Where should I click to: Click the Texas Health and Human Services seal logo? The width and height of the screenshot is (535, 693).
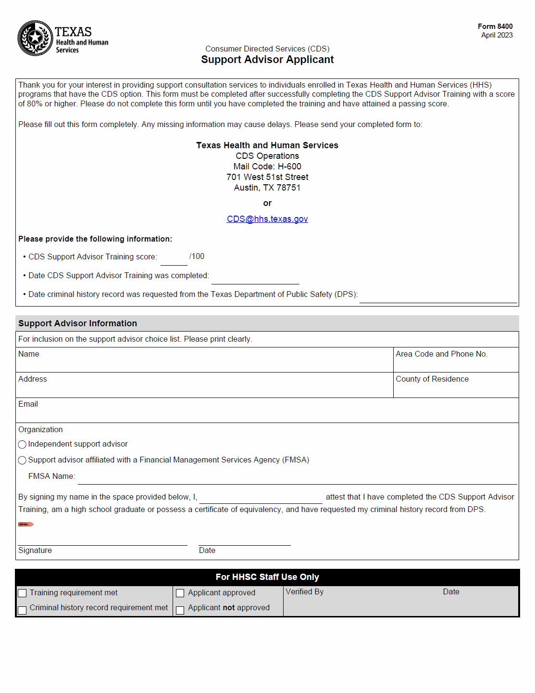point(35,38)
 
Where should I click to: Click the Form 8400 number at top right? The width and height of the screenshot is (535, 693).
point(495,26)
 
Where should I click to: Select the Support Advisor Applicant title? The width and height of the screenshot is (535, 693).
point(267,60)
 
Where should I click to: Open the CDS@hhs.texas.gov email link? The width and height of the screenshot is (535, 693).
point(267,219)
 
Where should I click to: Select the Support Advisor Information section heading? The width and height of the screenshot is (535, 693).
point(77,323)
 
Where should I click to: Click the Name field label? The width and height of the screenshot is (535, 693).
point(29,354)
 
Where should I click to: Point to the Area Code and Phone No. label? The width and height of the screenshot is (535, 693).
point(441,354)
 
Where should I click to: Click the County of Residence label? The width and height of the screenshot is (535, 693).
point(432,379)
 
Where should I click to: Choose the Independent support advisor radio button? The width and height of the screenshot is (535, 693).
point(22,444)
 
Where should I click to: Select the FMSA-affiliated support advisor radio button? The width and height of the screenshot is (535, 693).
point(22,460)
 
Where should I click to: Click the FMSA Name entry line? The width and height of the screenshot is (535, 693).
point(297,479)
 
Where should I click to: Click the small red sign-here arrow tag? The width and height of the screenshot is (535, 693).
point(25,524)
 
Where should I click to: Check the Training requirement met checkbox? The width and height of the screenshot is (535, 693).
point(22,593)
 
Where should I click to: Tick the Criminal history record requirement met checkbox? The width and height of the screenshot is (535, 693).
point(22,610)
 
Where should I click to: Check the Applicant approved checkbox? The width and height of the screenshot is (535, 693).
point(180,593)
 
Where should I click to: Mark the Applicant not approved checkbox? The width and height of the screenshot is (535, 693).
point(180,610)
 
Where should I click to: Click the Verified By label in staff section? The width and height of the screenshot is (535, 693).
point(305,592)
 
